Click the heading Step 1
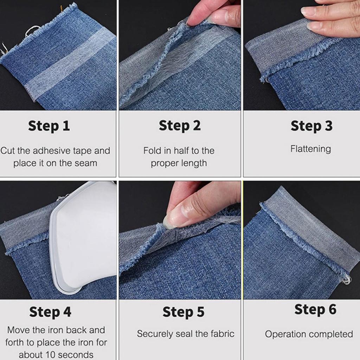[x=49, y=126]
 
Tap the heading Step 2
[x=180, y=126]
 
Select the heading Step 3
[x=311, y=126]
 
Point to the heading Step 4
[x=50, y=312]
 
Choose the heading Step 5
[x=184, y=312]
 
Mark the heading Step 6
[x=315, y=309]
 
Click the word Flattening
[x=311, y=149]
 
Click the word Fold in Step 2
[x=152, y=150]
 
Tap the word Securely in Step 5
[x=155, y=334]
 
